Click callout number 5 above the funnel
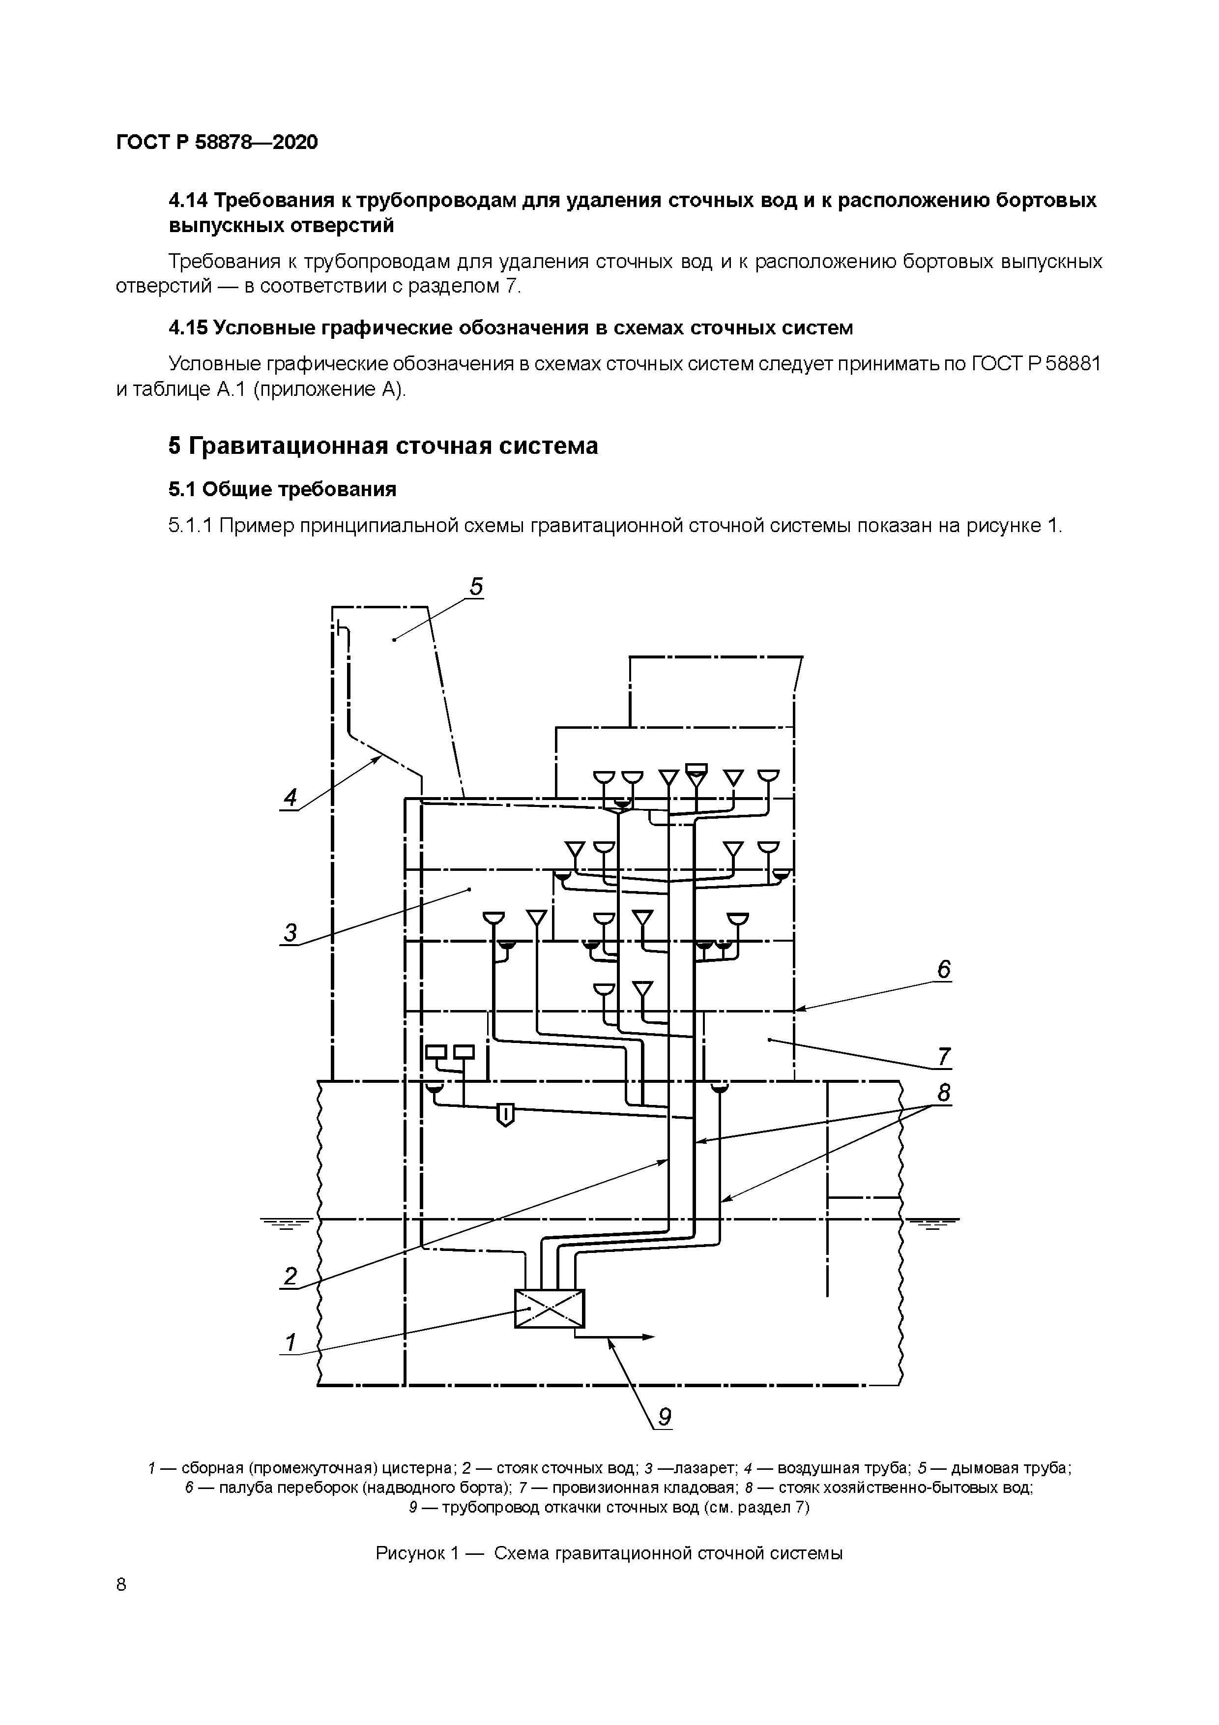coord(476,586)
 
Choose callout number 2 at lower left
coord(290,1276)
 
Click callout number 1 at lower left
coord(290,1342)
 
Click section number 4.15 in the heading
coord(189,327)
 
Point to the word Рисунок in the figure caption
coord(410,1553)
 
